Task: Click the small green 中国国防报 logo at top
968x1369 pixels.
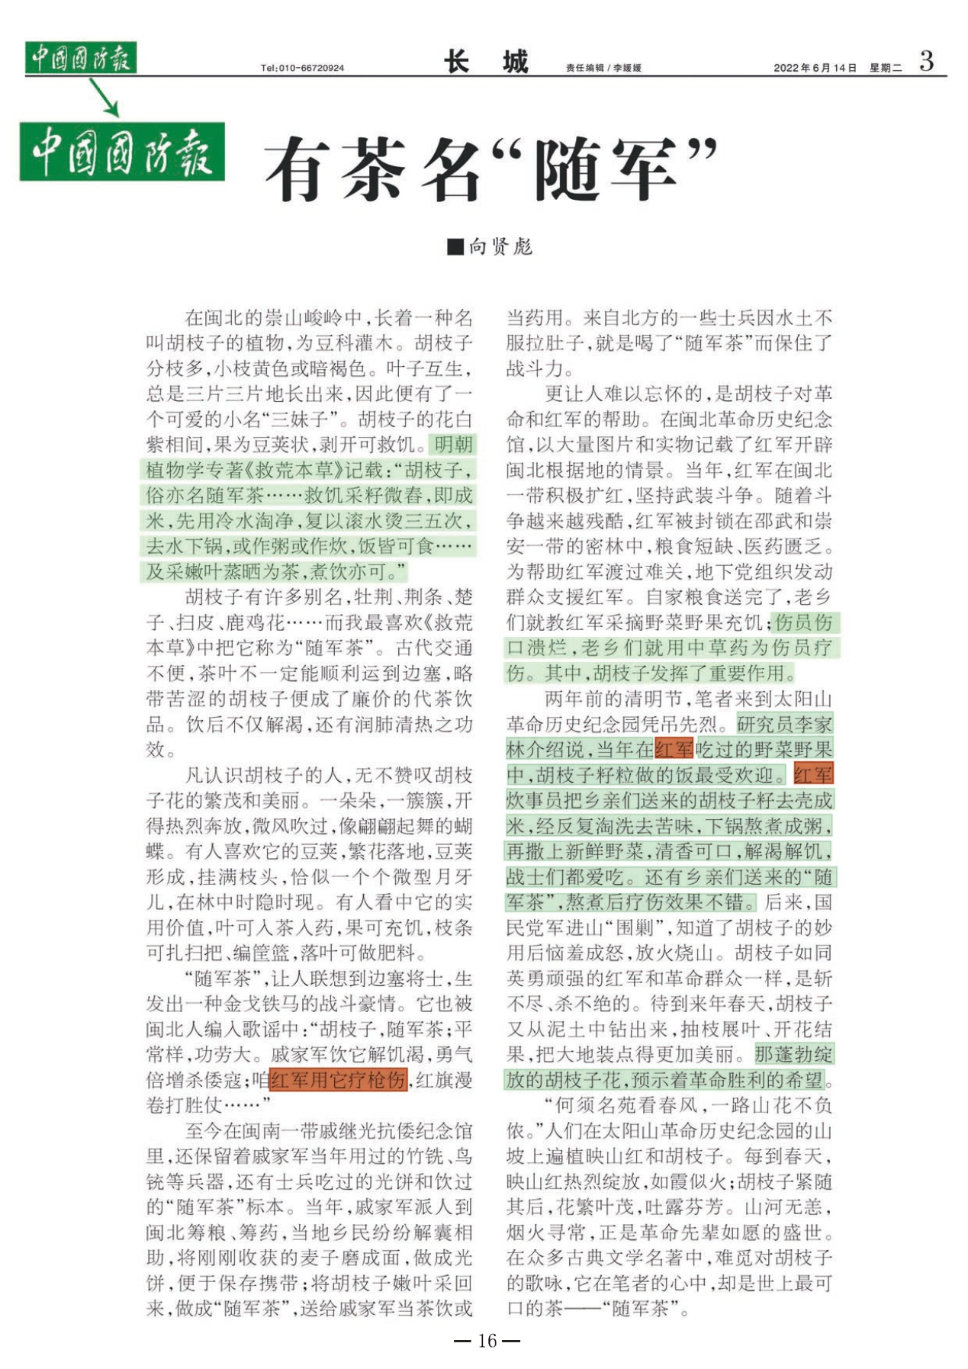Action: tap(80, 58)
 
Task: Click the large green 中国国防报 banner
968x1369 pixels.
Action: tap(122, 152)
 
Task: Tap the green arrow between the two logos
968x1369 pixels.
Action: tap(105, 97)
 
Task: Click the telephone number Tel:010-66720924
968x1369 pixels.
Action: tap(302, 68)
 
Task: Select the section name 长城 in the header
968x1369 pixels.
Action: tap(486, 62)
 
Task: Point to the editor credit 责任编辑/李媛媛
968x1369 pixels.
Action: tap(603, 68)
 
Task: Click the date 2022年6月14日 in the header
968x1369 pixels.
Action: tap(815, 68)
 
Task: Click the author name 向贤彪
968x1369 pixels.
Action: tap(500, 246)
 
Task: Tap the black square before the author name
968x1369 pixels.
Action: tap(455, 246)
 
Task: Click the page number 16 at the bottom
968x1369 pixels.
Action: tap(487, 1340)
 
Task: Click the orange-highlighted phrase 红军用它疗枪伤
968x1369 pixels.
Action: tap(338, 1080)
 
